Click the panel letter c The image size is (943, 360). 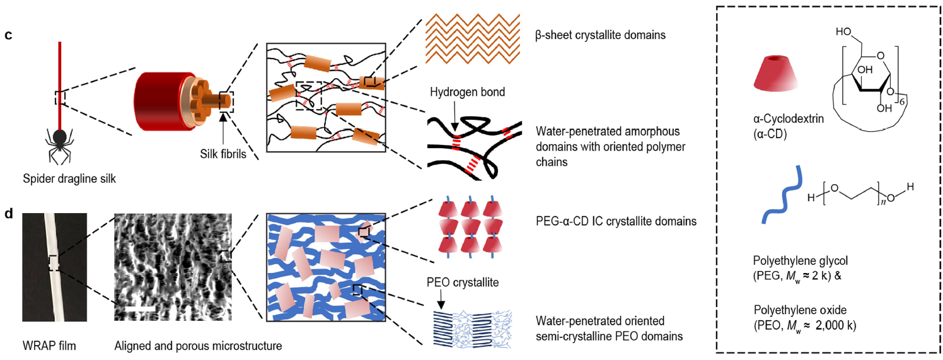(8, 35)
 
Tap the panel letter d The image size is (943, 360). (8, 214)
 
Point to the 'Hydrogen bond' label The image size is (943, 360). (468, 92)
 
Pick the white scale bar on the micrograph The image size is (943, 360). (136, 308)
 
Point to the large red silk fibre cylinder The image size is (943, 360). (158, 102)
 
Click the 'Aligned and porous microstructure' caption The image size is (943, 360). (198, 345)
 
